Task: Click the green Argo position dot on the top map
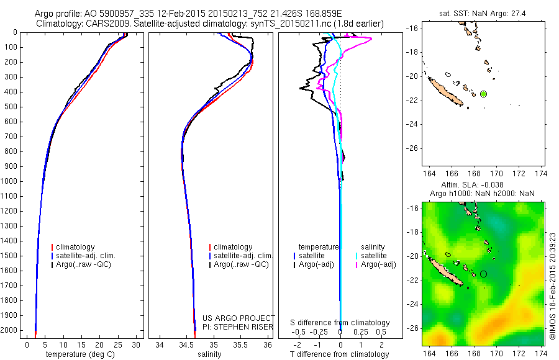[483, 94]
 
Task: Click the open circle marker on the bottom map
[483, 273]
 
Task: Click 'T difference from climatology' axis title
[339, 354]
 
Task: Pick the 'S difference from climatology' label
[340, 323]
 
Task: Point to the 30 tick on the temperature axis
[136, 345]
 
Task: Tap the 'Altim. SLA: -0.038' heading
[472, 185]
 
